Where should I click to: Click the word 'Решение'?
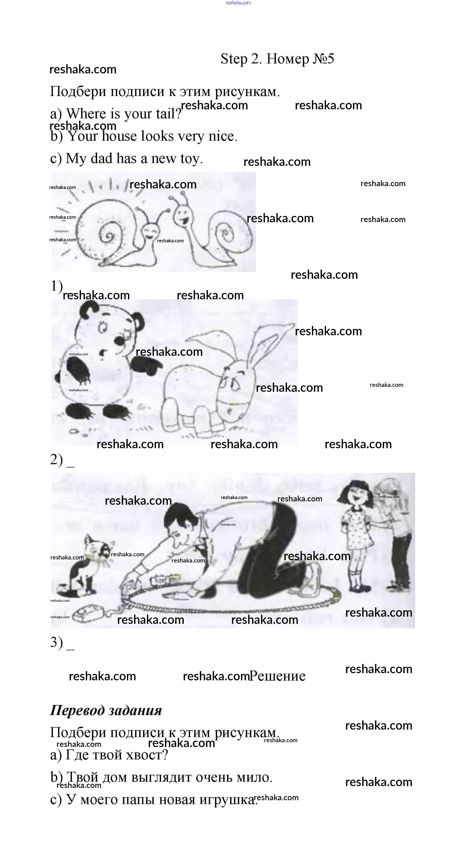[x=277, y=676]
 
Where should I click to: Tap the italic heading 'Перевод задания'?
[x=106, y=710]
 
